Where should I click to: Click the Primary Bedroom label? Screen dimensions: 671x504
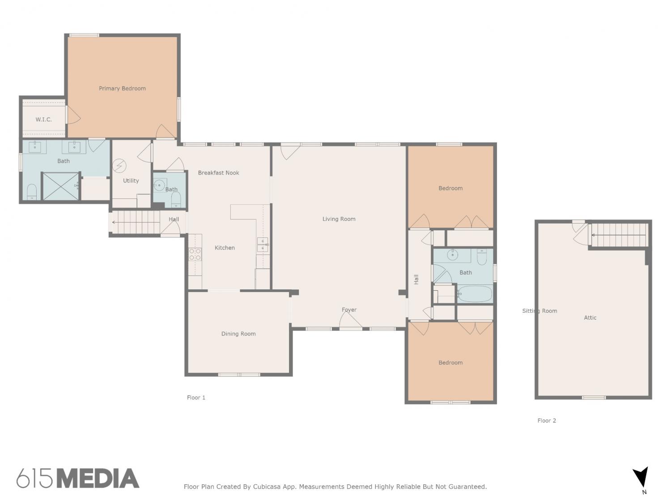(x=122, y=88)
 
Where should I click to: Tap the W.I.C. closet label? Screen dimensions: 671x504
(x=43, y=119)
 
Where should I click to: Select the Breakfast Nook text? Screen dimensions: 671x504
(x=218, y=172)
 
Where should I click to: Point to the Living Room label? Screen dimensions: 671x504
(x=339, y=219)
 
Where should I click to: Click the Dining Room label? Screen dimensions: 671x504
(x=238, y=334)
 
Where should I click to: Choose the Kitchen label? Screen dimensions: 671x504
(x=225, y=248)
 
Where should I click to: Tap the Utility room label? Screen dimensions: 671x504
(x=131, y=181)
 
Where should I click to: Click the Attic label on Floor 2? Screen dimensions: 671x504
(x=590, y=318)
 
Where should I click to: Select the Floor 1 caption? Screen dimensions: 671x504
(x=196, y=397)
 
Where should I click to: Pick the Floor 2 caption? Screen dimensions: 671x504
(x=547, y=421)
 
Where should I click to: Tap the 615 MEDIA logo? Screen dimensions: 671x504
(x=78, y=478)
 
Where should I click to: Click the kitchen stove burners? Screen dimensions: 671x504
(x=195, y=254)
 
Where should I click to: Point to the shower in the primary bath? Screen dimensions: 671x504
(x=60, y=186)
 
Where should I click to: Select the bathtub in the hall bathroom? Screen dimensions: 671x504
(x=475, y=294)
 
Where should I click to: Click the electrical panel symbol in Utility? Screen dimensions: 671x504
(x=119, y=166)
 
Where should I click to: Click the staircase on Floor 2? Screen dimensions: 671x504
(x=620, y=235)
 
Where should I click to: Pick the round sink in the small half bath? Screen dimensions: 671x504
(x=159, y=185)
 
